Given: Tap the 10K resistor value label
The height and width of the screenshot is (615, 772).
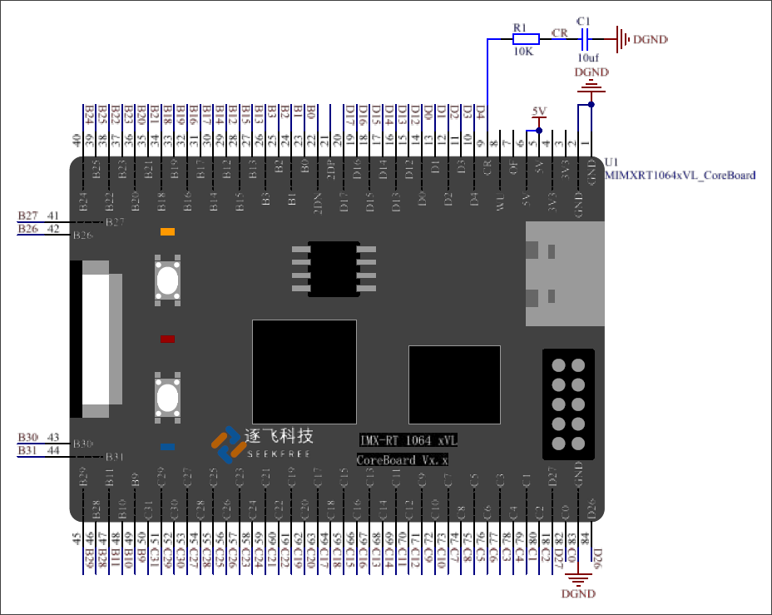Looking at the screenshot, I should click(x=522, y=52).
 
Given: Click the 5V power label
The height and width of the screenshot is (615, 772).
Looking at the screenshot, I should click(x=539, y=112).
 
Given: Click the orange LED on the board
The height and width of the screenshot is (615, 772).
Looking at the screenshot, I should click(x=167, y=231).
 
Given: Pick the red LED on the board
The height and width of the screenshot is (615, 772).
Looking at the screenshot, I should click(x=167, y=340).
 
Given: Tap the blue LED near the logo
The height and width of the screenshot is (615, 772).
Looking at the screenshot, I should click(x=167, y=447).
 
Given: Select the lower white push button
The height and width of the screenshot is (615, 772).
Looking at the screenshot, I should click(x=168, y=397).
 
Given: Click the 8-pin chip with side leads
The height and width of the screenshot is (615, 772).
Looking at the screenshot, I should click(x=334, y=269).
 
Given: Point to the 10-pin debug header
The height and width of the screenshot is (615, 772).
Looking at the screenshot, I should click(x=567, y=404).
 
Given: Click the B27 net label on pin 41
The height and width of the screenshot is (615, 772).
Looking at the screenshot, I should click(x=27, y=216).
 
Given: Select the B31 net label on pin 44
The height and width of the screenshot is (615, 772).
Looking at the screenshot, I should click(x=27, y=451).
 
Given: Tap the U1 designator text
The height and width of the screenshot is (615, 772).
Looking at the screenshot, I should click(x=612, y=161).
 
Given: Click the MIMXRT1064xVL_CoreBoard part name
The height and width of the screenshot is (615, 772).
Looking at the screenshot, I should click(x=680, y=175).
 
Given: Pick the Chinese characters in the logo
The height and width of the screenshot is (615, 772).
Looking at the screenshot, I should click(x=279, y=436).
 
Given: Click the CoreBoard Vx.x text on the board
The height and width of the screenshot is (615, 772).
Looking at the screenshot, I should click(x=403, y=459).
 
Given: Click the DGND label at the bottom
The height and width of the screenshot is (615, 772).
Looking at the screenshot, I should click(x=578, y=594).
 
